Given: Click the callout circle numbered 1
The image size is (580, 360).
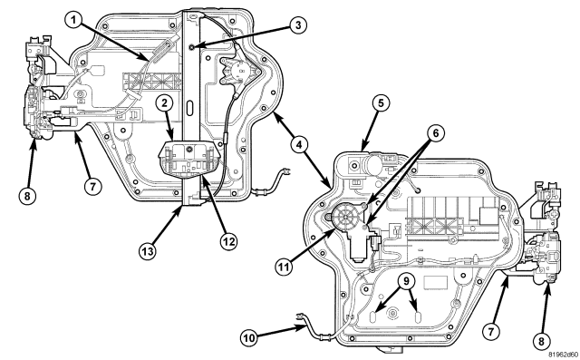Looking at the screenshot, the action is point(74,20).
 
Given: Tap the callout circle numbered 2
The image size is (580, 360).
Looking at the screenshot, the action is point(164,102).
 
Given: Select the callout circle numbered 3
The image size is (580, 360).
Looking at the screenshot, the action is point(298,25).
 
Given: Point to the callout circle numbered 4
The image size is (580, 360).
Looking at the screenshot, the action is point(299,144).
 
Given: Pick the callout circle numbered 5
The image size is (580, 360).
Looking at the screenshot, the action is point(381,103).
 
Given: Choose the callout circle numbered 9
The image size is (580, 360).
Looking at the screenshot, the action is point(406,281).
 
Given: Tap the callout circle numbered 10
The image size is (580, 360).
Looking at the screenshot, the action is point(250,338).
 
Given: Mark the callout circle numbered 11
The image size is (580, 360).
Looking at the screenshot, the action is point(284,267).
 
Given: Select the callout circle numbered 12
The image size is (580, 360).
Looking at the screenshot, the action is point(228,241).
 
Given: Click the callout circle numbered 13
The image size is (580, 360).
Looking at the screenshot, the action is point(147,251).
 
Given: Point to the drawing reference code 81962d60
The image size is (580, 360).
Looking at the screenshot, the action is point(563,355).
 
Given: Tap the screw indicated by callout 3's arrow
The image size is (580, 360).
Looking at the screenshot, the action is point(191,46).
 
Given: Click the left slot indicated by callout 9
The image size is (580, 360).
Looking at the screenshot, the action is point(373,317).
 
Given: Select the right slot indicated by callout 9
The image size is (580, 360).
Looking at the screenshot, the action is point(418,317).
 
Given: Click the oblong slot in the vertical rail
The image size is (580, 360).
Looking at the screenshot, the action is point(189,109).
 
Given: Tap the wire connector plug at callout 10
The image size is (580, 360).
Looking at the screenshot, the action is point(300,316).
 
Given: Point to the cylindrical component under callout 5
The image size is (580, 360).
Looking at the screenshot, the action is point(372,162).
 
